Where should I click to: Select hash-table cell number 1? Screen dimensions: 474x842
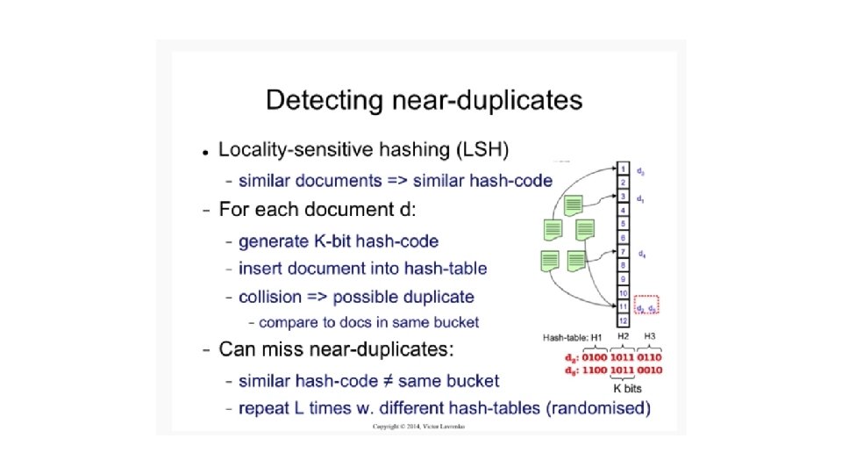(x=622, y=169)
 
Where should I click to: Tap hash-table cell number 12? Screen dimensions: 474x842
(x=622, y=321)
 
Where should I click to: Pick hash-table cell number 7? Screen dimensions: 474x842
(x=622, y=252)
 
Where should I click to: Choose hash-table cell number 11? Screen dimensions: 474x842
(x=622, y=307)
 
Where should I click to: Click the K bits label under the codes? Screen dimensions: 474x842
(x=628, y=387)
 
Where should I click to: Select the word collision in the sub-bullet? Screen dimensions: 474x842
(x=270, y=297)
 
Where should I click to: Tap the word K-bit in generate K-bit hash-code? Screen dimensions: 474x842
(x=325, y=241)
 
